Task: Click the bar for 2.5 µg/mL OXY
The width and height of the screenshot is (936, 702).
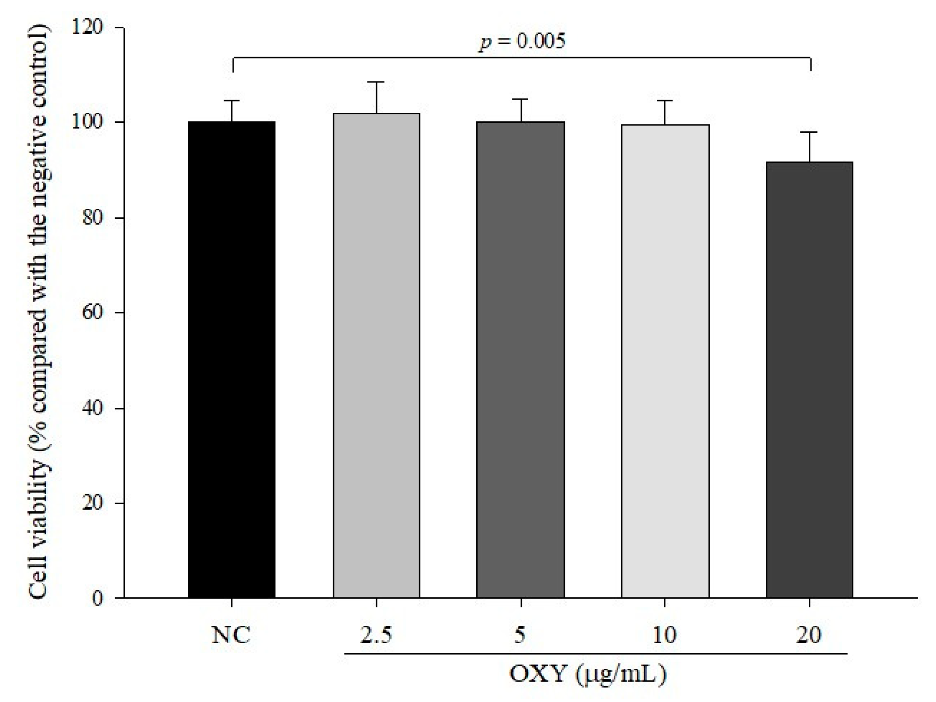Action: click(x=376, y=356)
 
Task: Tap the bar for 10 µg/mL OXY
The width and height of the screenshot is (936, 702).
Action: click(x=665, y=361)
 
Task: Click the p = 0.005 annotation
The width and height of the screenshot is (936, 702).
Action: click(x=522, y=42)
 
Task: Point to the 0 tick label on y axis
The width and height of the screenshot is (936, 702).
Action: click(x=98, y=598)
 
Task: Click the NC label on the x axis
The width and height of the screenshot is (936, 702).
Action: click(x=231, y=635)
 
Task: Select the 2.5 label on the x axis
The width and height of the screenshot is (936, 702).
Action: click(x=376, y=635)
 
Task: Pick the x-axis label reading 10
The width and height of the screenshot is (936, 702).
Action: click(x=664, y=635)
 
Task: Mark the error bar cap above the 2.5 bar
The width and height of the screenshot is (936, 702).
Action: click(x=376, y=82)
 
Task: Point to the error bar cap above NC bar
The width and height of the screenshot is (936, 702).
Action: click(x=232, y=101)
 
